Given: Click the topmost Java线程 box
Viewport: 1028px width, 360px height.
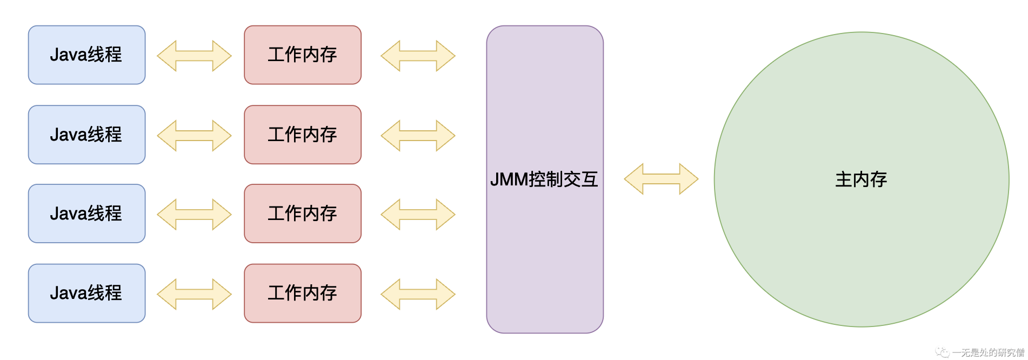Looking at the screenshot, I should click(x=86, y=55).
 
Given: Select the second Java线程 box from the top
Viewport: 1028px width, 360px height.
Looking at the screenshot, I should click(x=86, y=135).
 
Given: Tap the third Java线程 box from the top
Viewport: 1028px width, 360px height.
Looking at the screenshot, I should click(x=86, y=214).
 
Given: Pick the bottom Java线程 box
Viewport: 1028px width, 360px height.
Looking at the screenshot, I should click(x=86, y=293).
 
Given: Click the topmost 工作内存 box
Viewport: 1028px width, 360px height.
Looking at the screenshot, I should click(x=303, y=55).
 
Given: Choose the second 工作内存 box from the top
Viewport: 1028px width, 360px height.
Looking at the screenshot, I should click(x=303, y=135).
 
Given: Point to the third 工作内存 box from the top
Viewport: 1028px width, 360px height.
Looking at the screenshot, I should click(x=303, y=214).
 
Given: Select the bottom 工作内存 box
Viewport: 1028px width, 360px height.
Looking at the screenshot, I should click(x=303, y=293).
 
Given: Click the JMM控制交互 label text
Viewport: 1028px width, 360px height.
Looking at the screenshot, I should click(x=544, y=179).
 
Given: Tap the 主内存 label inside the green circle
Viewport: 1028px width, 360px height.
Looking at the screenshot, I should click(x=861, y=179).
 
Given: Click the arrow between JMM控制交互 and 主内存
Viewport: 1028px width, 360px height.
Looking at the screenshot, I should click(x=661, y=179).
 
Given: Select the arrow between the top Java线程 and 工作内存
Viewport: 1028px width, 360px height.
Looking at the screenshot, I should click(x=194, y=56).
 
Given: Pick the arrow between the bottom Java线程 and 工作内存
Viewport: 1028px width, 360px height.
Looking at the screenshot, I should click(x=194, y=294).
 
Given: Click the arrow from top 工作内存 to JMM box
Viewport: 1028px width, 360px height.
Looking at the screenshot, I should click(x=418, y=56).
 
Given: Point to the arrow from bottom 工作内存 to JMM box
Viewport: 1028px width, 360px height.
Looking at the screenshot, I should click(x=418, y=294).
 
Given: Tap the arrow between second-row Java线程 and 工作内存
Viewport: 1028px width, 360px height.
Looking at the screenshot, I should click(x=194, y=135).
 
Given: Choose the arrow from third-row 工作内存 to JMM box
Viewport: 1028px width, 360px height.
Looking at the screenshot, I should click(x=418, y=215).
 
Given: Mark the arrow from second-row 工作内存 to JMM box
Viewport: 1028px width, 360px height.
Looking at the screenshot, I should click(x=418, y=135).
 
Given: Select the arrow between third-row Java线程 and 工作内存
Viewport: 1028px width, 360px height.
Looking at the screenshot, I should click(x=194, y=215).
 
